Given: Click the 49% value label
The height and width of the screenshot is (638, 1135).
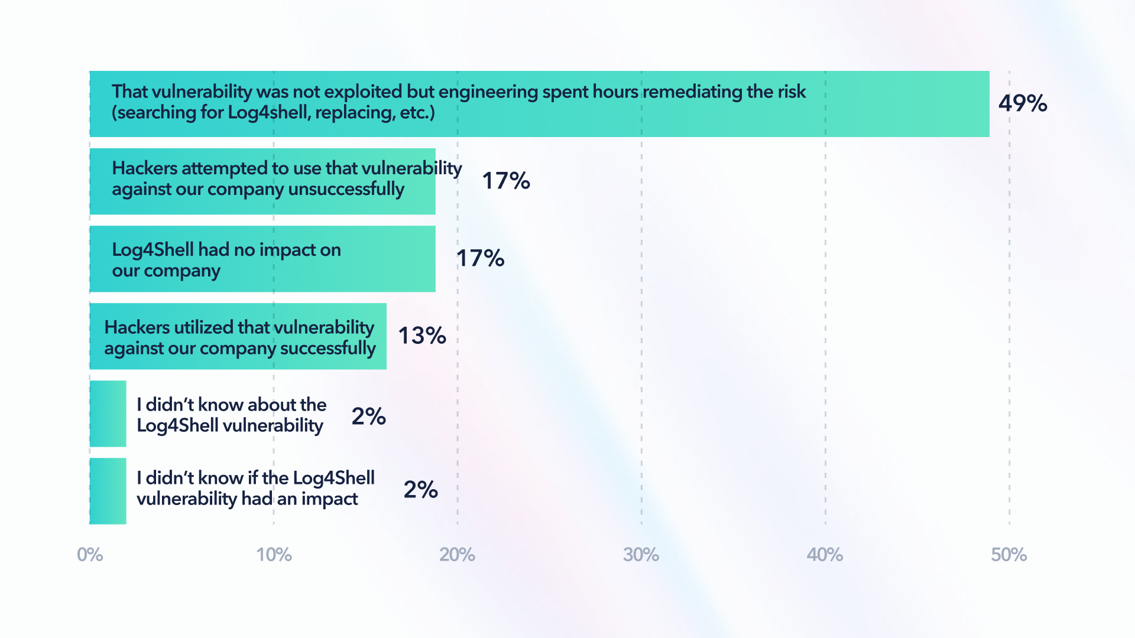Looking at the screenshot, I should [1023, 103].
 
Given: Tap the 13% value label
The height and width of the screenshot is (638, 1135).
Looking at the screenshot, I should [422, 336].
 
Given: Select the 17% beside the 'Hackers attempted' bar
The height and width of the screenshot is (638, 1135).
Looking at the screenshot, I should [506, 181].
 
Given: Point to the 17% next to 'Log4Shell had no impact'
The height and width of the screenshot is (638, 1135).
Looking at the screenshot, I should [480, 258].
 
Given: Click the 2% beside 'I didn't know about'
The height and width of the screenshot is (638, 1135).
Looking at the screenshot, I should [368, 416].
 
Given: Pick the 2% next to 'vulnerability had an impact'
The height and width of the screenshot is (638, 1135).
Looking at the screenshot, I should [420, 489].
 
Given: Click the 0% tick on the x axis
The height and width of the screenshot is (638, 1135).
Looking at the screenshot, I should [90, 555].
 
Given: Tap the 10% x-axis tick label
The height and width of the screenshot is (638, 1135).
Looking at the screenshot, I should [274, 555].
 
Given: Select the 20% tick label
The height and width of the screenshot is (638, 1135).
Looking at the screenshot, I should [457, 555].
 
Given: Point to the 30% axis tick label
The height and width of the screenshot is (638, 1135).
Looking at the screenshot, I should [641, 555].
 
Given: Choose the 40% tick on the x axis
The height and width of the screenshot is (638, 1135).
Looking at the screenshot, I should [825, 555].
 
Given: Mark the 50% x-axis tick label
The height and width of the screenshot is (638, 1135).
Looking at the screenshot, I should [1008, 555].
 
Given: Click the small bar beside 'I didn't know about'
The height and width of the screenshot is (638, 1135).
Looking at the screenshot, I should [108, 414].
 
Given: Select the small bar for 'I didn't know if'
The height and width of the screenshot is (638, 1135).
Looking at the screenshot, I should [108, 491].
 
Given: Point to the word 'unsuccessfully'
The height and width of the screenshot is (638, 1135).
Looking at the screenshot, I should [346, 189].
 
